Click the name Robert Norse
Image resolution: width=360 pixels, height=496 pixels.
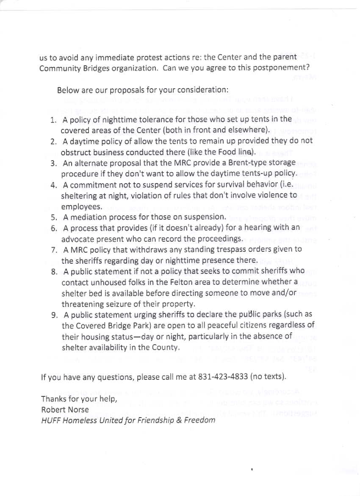65,410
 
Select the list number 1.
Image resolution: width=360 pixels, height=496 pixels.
53,120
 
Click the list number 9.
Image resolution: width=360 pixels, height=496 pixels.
54,315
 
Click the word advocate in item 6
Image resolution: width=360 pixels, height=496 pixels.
76,239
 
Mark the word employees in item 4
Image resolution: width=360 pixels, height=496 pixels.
82,206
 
